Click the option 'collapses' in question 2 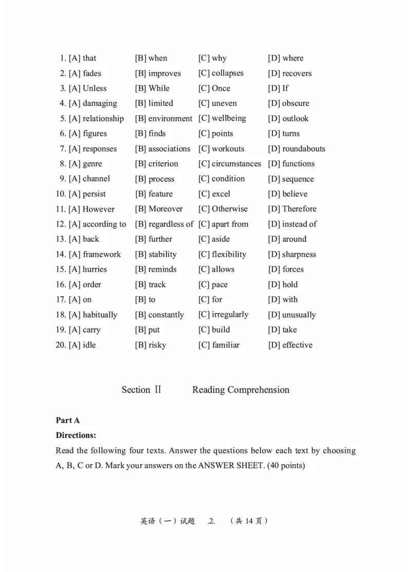click(228, 73)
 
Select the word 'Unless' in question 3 click(95, 88)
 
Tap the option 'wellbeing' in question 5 click(229, 119)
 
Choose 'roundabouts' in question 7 click(304, 149)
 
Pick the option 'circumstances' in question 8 click(236, 164)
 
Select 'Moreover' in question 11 click(165, 209)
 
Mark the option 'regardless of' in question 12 click(171, 224)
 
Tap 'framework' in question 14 click(102, 255)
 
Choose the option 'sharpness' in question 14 click(299, 255)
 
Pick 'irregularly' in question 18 click(230, 315)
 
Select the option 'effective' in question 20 click(297, 345)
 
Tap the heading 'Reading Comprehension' click(240, 390)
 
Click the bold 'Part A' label click(68, 421)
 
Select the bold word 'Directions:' click(76, 435)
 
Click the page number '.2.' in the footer click(212, 521)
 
